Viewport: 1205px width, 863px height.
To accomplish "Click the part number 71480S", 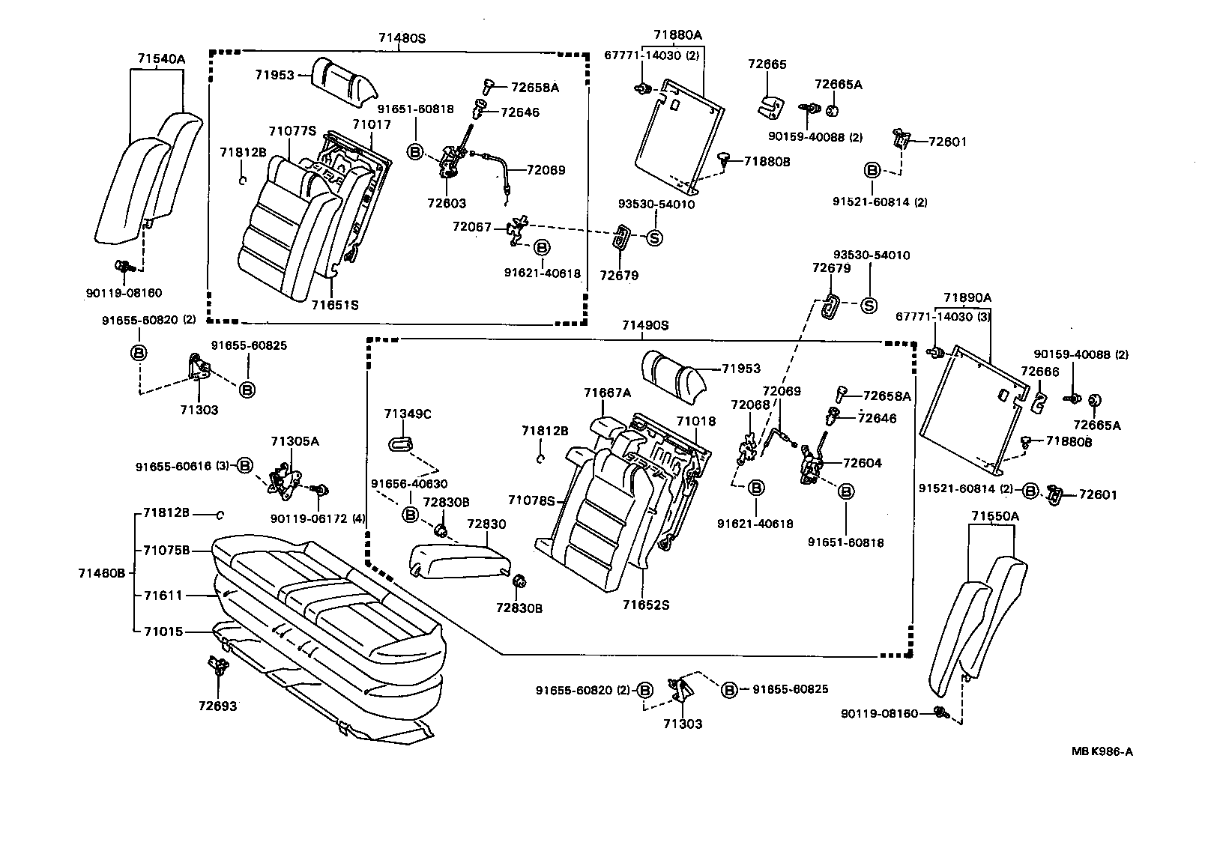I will (x=402, y=37).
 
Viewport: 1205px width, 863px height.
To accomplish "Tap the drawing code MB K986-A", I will (x=1102, y=751).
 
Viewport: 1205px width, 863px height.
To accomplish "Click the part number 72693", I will (x=217, y=706).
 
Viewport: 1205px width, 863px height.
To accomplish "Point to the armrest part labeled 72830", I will (x=457, y=558).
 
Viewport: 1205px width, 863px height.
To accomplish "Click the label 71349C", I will (x=407, y=414).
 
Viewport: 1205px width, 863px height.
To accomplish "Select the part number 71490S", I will (x=644, y=325).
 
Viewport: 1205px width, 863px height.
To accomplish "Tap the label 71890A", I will (x=967, y=297).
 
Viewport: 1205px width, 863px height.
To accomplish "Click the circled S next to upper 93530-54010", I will (x=653, y=237).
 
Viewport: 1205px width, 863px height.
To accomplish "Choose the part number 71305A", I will (x=295, y=441).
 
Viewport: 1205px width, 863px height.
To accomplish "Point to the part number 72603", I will (x=447, y=203).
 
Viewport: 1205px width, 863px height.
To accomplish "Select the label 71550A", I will (x=995, y=516).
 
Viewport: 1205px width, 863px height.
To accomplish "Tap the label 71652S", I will (x=645, y=604).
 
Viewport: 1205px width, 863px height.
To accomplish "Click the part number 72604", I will (x=862, y=463).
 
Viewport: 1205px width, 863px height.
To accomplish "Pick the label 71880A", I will (x=677, y=34).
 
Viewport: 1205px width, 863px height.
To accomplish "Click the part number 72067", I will (x=472, y=225).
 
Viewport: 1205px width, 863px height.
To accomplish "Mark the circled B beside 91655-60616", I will (x=245, y=466).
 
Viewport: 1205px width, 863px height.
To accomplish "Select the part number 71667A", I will (x=608, y=393).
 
